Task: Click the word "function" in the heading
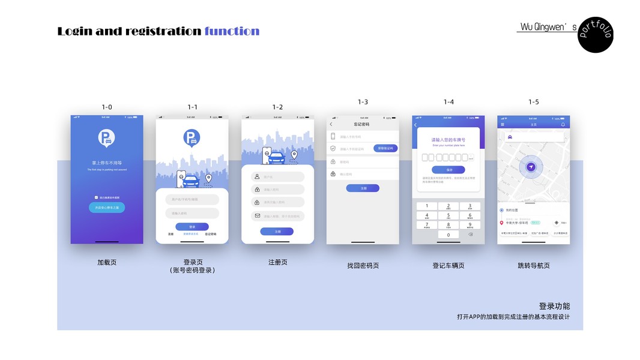(232, 31)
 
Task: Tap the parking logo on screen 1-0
(106, 139)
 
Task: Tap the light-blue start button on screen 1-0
(107, 208)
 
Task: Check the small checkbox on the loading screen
(96, 197)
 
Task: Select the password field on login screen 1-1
(192, 213)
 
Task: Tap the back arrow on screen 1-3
(331, 124)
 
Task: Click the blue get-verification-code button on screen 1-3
(385, 148)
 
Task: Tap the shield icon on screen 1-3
(333, 148)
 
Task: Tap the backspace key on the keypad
(470, 235)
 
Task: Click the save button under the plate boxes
(448, 170)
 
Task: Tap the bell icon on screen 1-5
(563, 124)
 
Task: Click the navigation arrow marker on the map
(531, 167)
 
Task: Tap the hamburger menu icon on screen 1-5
(503, 124)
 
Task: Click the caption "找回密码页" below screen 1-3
(363, 266)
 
